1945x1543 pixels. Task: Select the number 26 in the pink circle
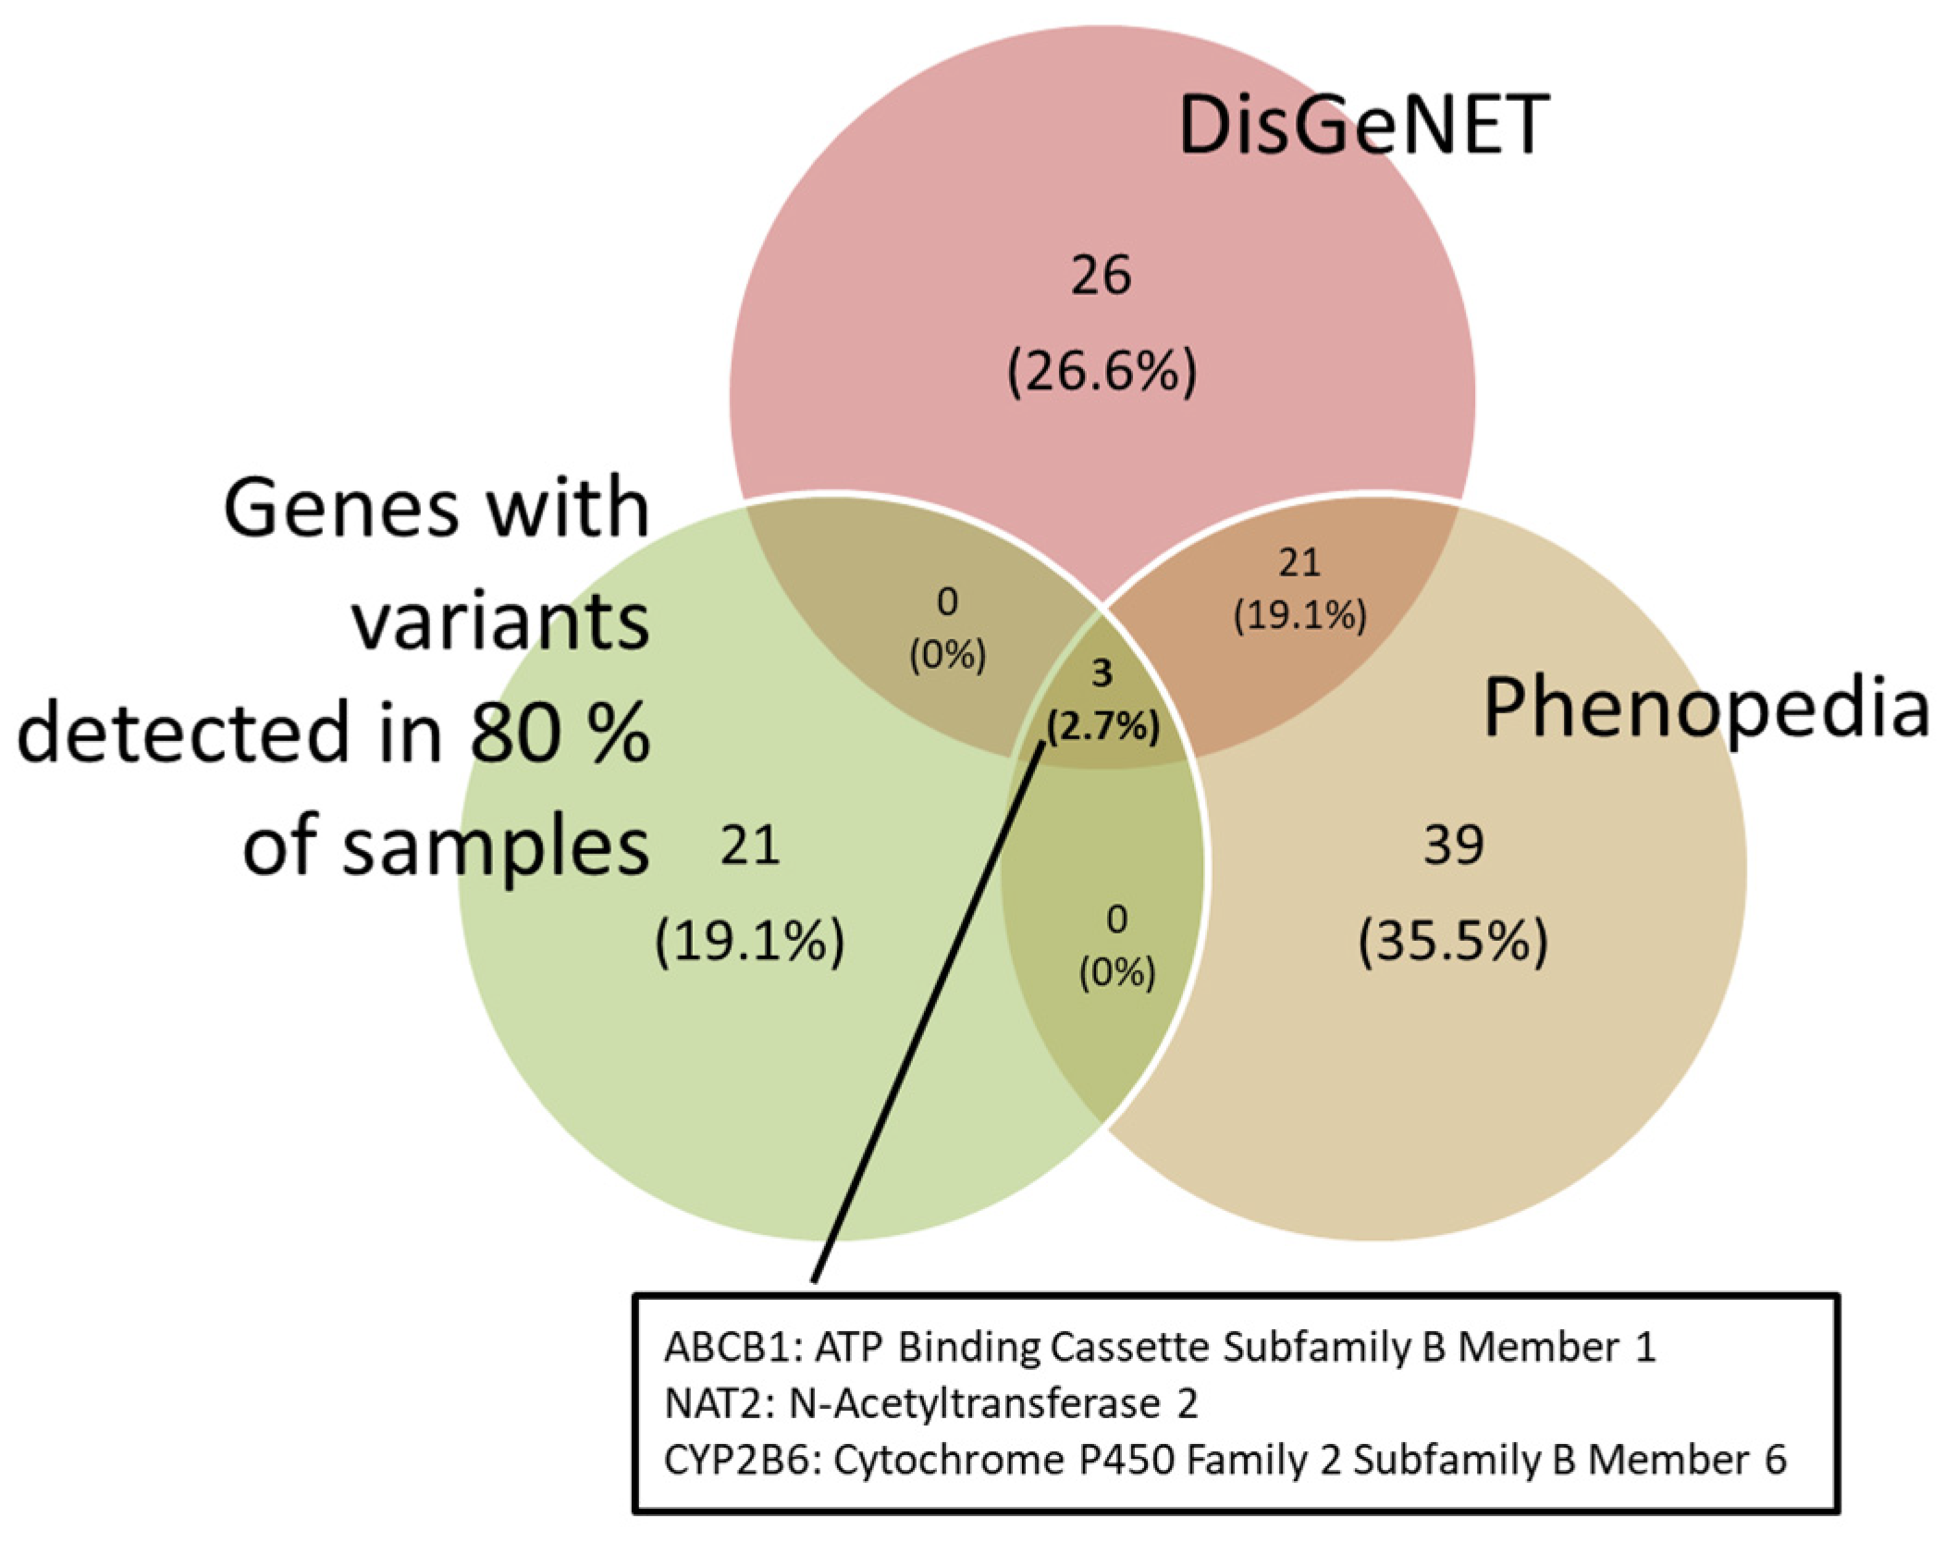pyautogui.click(x=1101, y=276)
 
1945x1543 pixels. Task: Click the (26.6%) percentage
pyautogui.click(x=1102, y=372)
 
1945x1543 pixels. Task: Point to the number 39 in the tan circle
pyautogui.click(x=1453, y=845)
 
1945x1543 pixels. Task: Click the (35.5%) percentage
pyautogui.click(x=1452, y=942)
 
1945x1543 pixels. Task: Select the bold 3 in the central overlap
pyautogui.click(x=1102, y=673)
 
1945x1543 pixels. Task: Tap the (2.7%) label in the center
pyautogui.click(x=1102, y=727)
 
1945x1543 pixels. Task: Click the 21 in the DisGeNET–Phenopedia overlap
pyautogui.click(x=1299, y=562)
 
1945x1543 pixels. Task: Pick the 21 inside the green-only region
pyautogui.click(x=750, y=846)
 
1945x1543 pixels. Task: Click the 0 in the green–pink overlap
pyautogui.click(x=947, y=602)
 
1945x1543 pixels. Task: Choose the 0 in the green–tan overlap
pyautogui.click(x=1117, y=920)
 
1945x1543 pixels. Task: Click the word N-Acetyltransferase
pyautogui.click(x=974, y=1404)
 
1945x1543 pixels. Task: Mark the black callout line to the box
pyautogui.click(x=925, y=1018)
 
